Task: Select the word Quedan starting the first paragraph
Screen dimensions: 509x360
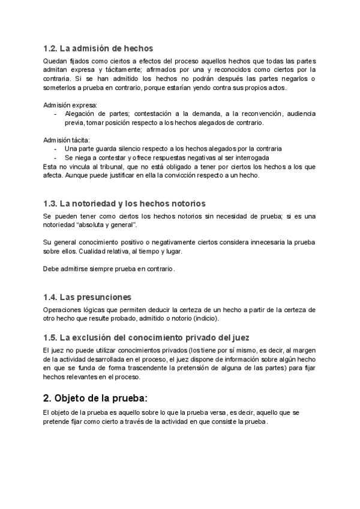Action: [x=55, y=62]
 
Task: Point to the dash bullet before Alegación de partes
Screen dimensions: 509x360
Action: [x=56, y=114]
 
